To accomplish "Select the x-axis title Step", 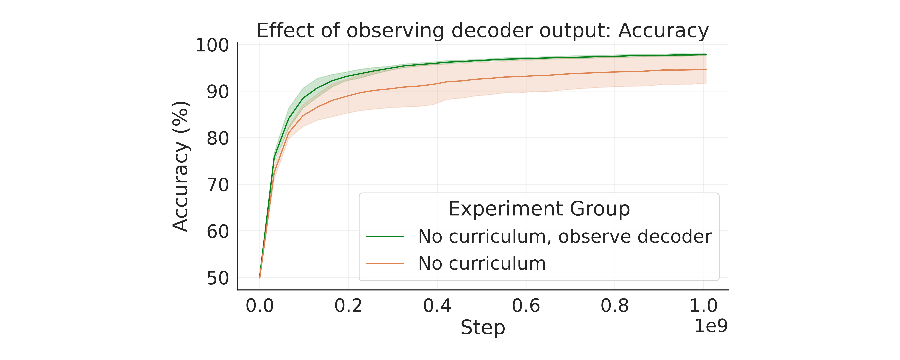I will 482,327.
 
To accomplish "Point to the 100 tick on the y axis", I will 212,45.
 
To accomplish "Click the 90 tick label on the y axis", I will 218,92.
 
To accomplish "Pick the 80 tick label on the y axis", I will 218,138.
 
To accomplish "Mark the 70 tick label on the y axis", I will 218,185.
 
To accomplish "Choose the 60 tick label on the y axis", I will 218,231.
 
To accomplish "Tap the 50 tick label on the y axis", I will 218,278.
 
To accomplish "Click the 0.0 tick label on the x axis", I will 260,306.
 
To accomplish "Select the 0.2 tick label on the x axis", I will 348,306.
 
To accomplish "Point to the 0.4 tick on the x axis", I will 437,306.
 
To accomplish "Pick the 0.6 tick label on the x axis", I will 526,306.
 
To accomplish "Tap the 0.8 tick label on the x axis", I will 615,306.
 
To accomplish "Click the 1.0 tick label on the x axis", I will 703,306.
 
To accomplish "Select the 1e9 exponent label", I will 711,326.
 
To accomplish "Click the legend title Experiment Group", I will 539,209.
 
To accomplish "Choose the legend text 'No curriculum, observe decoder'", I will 565,237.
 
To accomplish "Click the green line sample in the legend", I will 385,237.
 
